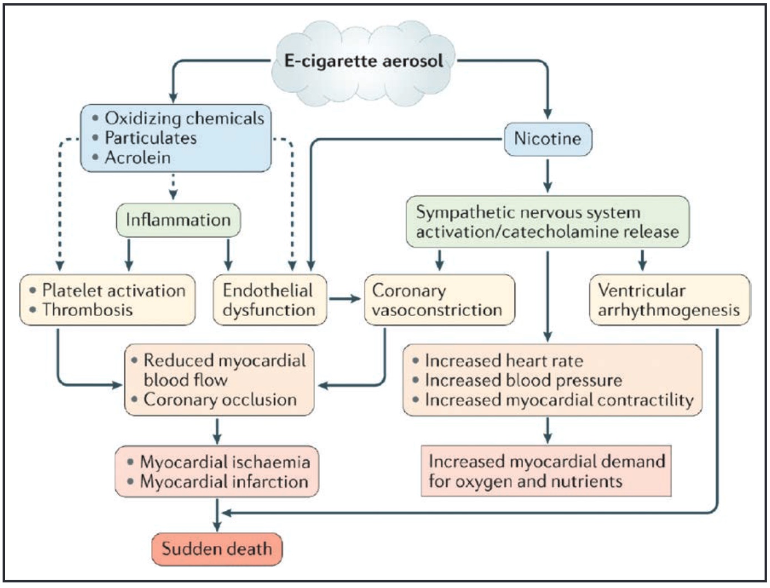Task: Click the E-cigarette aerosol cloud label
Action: tap(363, 61)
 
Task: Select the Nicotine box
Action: tap(548, 139)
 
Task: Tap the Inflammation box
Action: tap(179, 220)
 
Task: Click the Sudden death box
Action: tap(217, 549)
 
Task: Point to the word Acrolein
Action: tap(138, 158)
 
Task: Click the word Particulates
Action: tap(151, 138)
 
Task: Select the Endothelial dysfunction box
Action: tap(270, 300)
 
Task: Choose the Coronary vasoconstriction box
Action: tap(439, 300)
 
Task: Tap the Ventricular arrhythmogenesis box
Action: tap(670, 300)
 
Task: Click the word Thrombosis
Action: tap(87, 310)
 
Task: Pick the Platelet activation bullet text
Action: tap(114, 290)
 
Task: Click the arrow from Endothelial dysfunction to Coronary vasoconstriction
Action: tap(345, 299)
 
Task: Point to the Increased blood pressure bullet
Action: tap(524, 381)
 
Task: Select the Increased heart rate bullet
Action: tap(504, 361)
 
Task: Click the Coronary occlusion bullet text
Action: tap(220, 400)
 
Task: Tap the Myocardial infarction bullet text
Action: tap(224, 481)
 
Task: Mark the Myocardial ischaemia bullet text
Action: tap(225, 462)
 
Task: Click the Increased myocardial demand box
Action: tap(546, 471)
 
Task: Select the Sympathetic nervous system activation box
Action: tap(548, 221)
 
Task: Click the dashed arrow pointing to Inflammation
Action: tap(173, 186)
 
